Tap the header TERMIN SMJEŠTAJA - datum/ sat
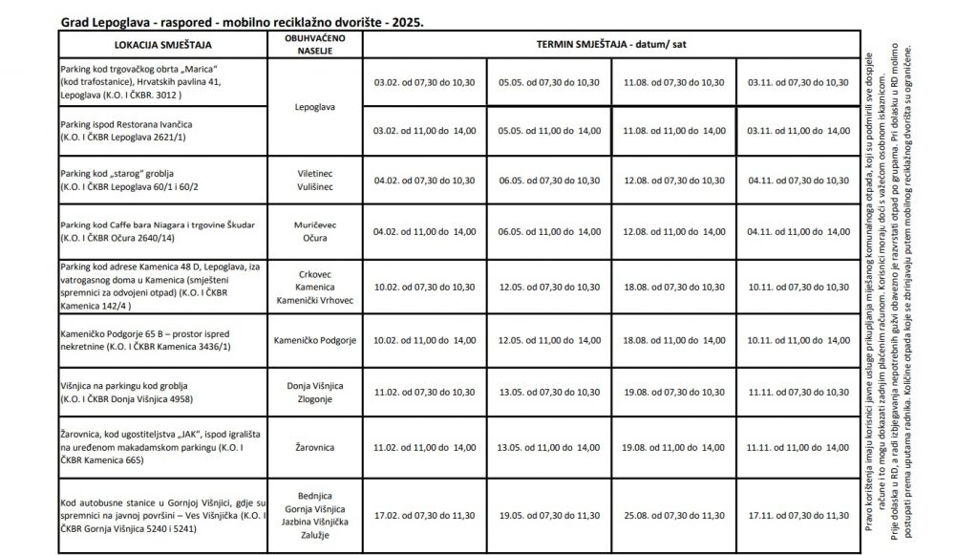point(609,44)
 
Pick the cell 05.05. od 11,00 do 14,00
point(549,130)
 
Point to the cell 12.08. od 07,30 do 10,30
point(674,179)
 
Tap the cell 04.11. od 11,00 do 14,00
point(798,232)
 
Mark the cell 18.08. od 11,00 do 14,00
point(674,339)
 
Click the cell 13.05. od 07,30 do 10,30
point(549,392)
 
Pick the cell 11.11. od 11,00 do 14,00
point(798,445)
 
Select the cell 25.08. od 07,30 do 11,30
point(674,514)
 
